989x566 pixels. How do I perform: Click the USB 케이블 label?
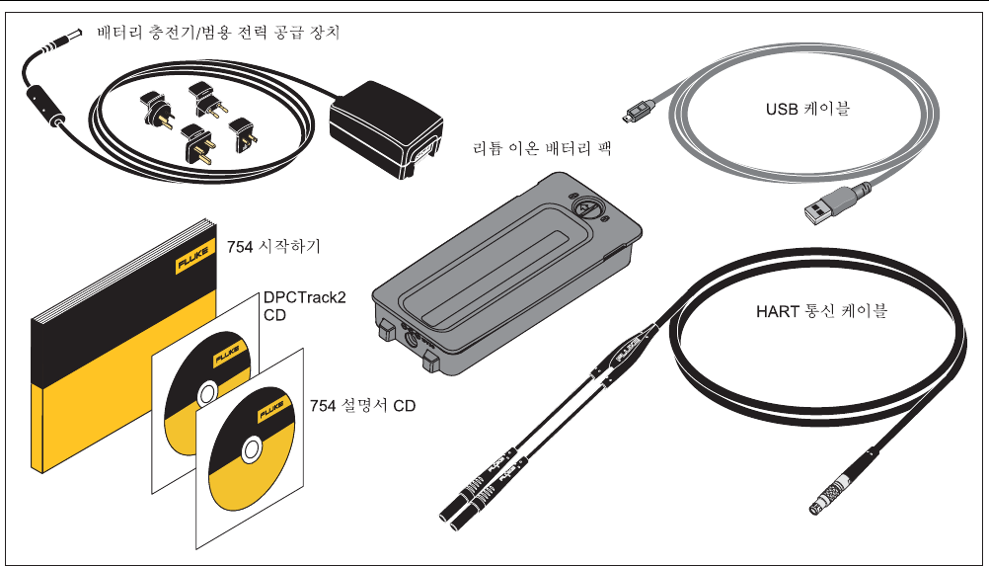pyautogui.click(x=808, y=109)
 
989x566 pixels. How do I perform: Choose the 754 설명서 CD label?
pyautogui.click(x=362, y=406)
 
